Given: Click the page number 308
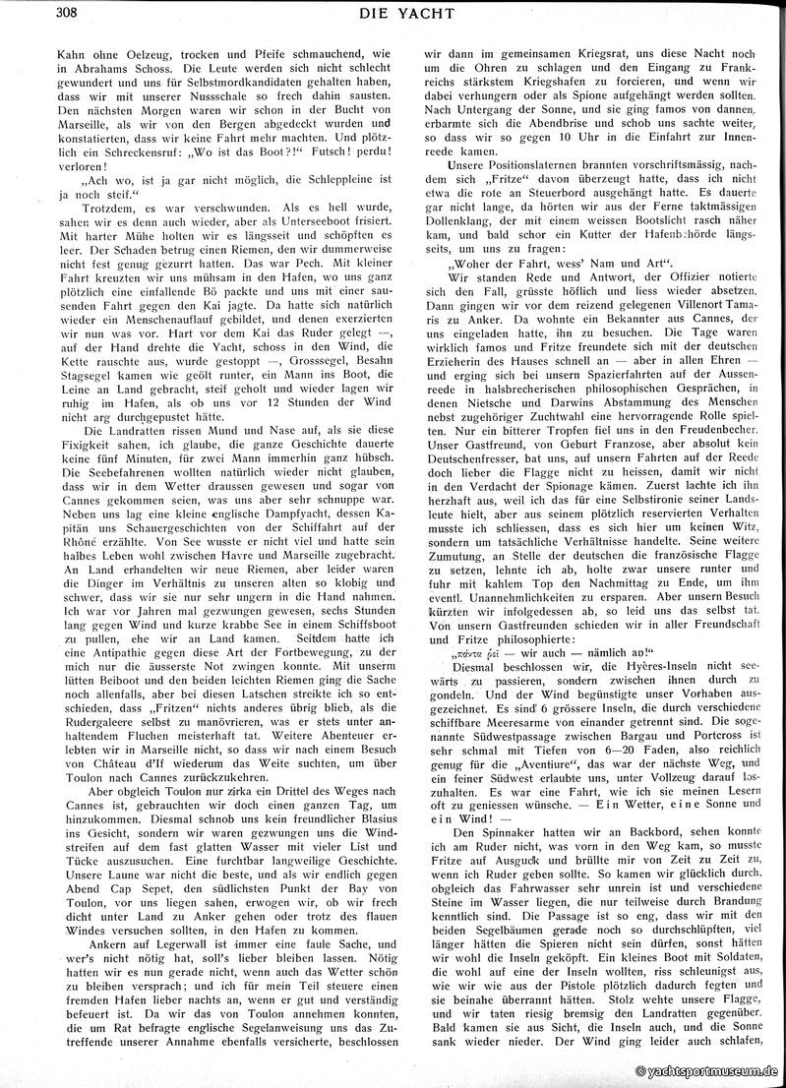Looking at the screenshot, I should click(20, 12).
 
